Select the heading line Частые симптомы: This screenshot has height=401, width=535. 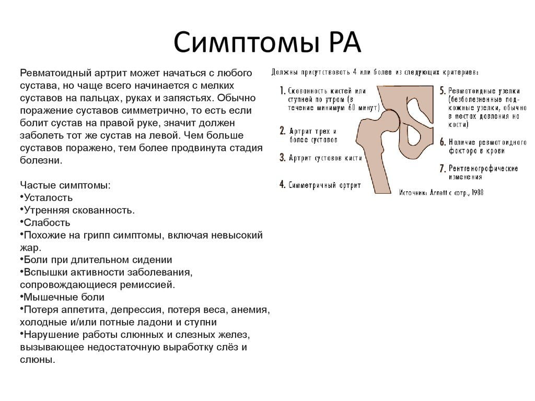click(x=65, y=185)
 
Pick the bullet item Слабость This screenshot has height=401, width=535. click(x=45, y=222)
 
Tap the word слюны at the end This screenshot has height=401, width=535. click(x=37, y=360)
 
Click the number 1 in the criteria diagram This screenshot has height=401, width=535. click(x=283, y=90)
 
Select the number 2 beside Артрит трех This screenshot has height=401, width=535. click(x=282, y=131)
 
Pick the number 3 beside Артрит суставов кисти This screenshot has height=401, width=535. click(x=282, y=157)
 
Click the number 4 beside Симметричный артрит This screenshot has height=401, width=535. click(x=282, y=184)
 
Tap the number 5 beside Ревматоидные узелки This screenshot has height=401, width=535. click(x=442, y=90)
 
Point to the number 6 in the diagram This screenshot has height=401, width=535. click(x=442, y=141)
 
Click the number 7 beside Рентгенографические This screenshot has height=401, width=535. click(x=442, y=169)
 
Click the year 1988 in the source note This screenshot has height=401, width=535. click(x=476, y=192)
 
